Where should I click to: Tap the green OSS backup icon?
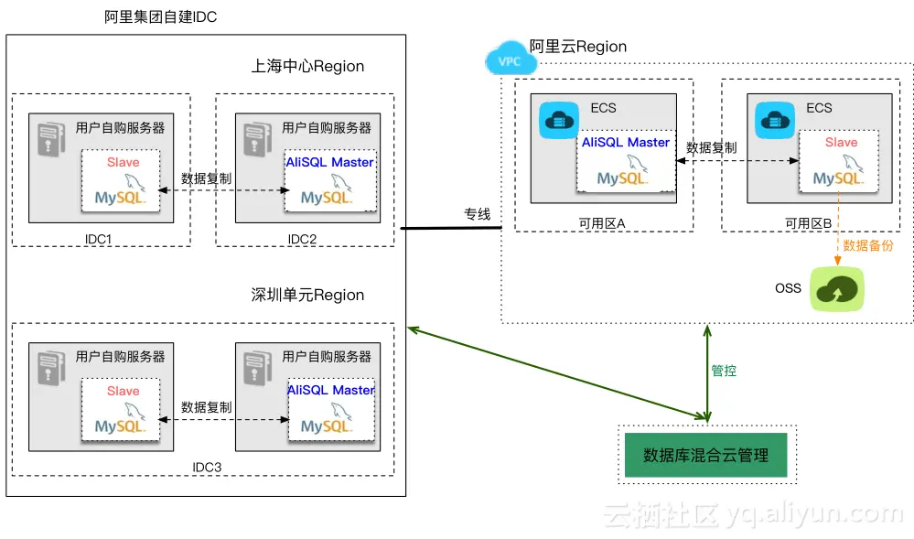(838, 289)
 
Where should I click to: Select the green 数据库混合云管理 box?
(706, 455)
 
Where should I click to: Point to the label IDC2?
(302, 239)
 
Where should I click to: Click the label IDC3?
(207, 468)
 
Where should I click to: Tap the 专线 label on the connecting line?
(477, 214)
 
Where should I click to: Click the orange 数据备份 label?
(867, 245)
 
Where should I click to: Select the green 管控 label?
(724, 371)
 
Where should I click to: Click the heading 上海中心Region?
(307, 67)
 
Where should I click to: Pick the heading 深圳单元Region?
(307, 296)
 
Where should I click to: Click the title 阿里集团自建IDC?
(161, 17)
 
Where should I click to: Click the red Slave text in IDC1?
(124, 162)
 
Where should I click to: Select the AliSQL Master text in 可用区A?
(626, 143)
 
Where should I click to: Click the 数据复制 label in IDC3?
(207, 407)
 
